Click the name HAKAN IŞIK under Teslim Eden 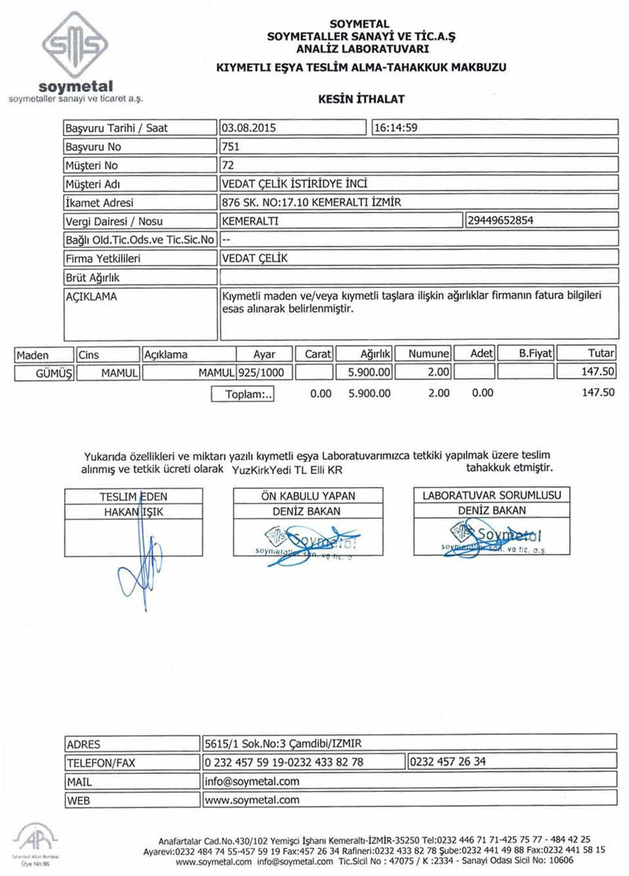133,512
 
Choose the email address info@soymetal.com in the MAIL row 252,782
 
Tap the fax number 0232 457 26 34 448,763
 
